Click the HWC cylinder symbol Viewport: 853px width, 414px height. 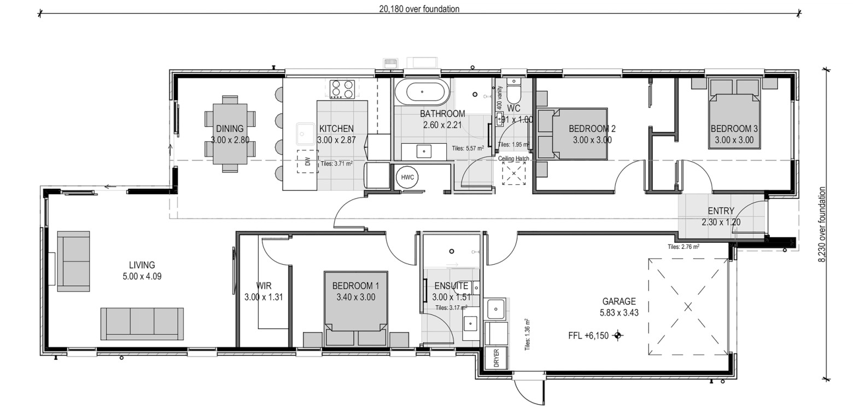tap(407, 177)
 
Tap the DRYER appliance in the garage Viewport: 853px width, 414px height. tap(496, 358)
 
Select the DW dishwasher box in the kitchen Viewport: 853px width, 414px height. tap(308, 161)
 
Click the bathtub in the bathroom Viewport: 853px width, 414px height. tap(422, 92)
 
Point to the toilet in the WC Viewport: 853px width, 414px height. tap(513, 89)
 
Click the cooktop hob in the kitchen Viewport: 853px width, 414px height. tap(342, 89)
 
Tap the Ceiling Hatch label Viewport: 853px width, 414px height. tap(513, 159)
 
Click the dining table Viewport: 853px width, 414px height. tap(230, 133)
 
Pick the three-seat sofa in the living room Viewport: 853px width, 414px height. tap(142, 324)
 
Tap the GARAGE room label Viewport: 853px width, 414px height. tap(619, 301)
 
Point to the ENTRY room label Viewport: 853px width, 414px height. tap(721, 211)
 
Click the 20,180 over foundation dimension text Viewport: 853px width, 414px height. tap(419, 9)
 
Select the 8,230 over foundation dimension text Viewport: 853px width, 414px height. tap(822, 224)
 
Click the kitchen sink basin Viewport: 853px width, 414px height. tap(306, 134)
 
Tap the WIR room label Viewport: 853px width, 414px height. tap(264, 285)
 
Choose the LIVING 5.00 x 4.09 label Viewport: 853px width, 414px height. tap(142, 270)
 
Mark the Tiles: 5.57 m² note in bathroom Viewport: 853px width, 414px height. tap(468, 148)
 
